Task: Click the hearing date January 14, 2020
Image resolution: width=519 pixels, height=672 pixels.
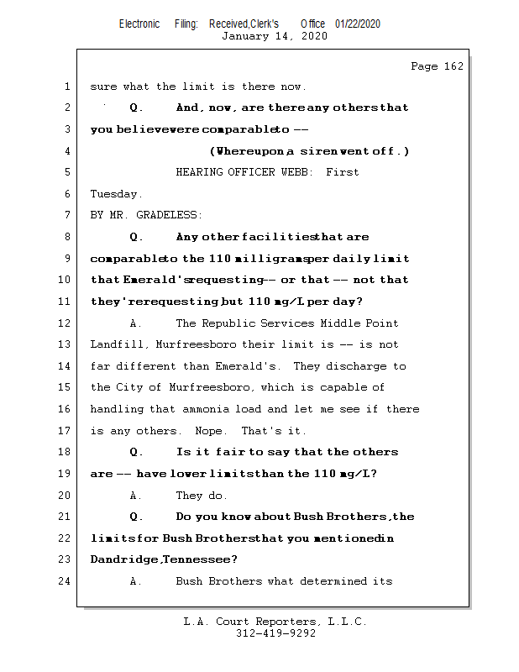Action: click(x=274, y=36)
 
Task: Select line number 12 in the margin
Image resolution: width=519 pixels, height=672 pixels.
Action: click(x=66, y=323)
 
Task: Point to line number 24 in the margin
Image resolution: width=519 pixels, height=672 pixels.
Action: click(x=66, y=581)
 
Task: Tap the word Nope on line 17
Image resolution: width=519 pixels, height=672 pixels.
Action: click(x=214, y=431)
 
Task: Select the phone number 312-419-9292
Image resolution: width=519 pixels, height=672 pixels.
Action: click(x=275, y=633)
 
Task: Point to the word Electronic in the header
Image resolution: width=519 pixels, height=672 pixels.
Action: click(x=139, y=24)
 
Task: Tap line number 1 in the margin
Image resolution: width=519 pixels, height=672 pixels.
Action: click(x=66, y=87)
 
